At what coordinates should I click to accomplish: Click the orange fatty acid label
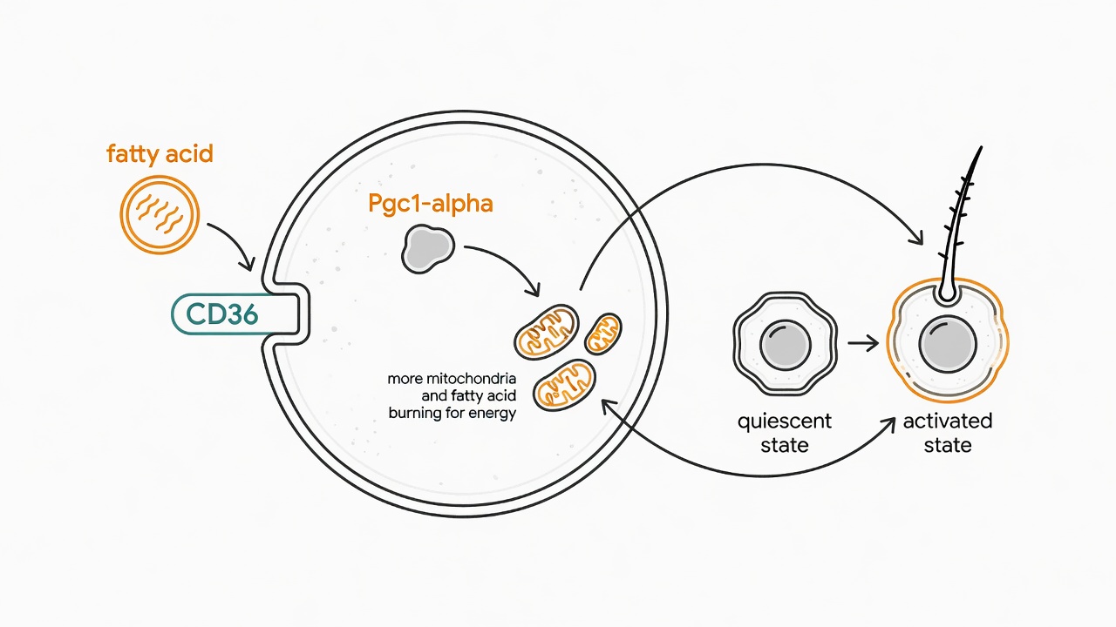click(160, 154)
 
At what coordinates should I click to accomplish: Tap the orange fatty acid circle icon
click(160, 214)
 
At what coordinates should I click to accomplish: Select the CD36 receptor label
click(221, 314)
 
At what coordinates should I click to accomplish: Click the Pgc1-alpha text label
click(431, 204)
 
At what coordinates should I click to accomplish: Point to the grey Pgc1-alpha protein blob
click(427, 249)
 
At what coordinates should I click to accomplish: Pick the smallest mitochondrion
click(602, 334)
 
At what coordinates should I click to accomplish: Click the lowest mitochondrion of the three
click(564, 385)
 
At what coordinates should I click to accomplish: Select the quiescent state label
click(784, 433)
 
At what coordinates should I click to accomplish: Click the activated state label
click(948, 433)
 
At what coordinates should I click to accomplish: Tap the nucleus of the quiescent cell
click(786, 345)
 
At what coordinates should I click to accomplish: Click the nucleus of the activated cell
click(948, 344)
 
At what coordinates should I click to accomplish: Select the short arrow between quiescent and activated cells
click(863, 343)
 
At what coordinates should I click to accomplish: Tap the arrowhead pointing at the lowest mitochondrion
click(609, 406)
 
